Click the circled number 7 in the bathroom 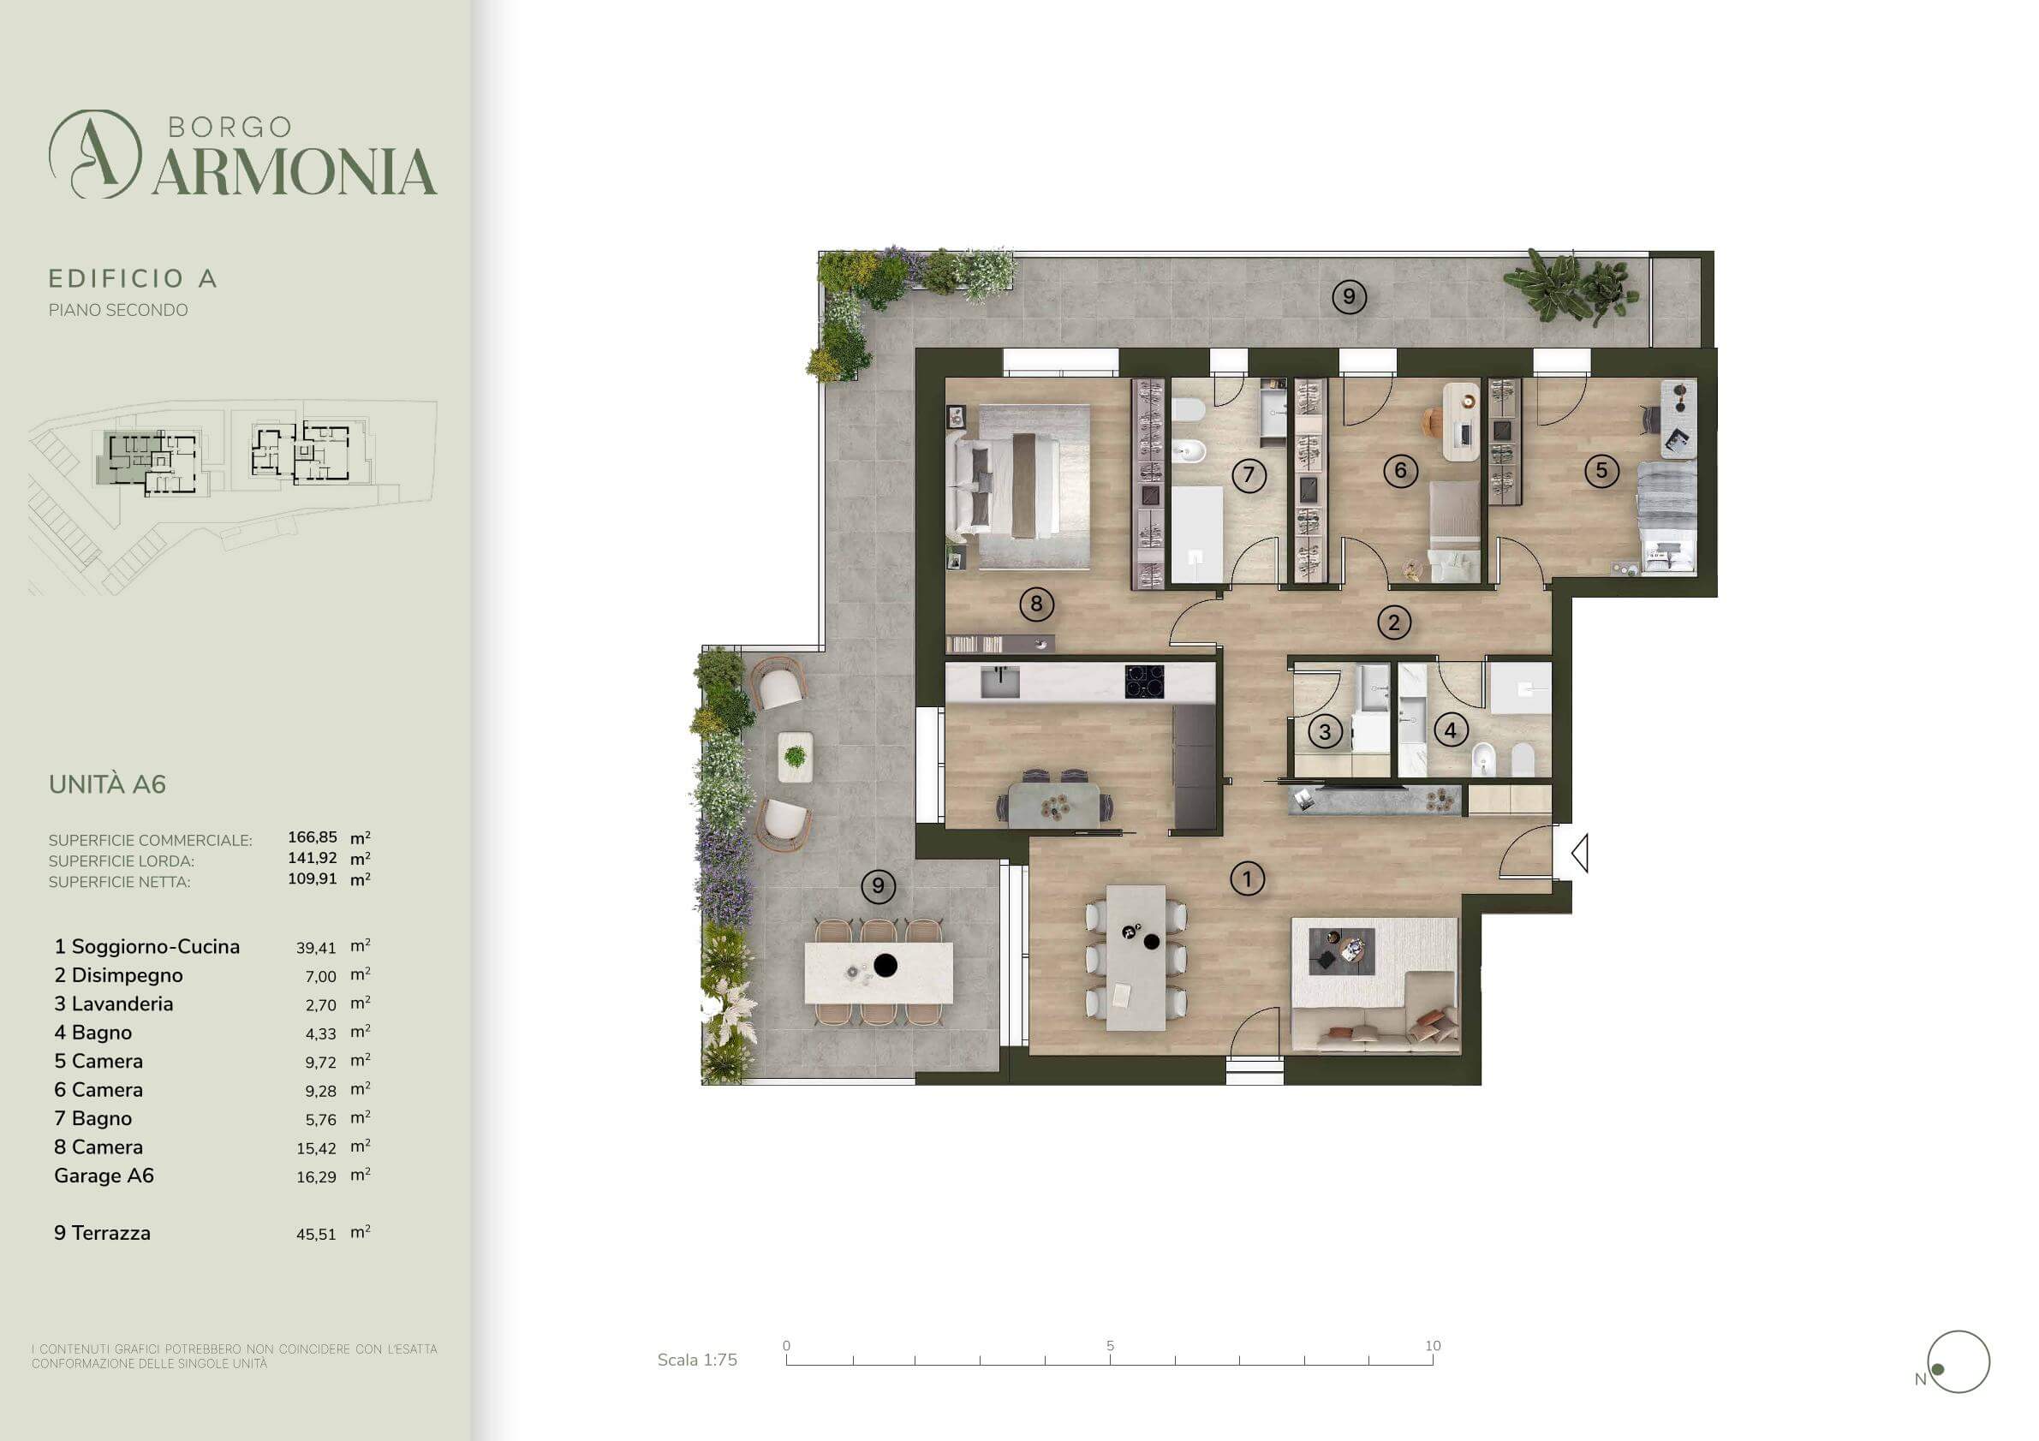pyautogui.click(x=1249, y=475)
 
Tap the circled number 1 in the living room pyautogui.click(x=1247, y=879)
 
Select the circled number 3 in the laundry pyautogui.click(x=1325, y=731)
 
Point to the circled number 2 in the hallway pyautogui.click(x=1393, y=622)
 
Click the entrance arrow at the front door pyautogui.click(x=1579, y=854)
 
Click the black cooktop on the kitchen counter pyautogui.click(x=1145, y=681)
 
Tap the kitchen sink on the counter pyautogui.click(x=1000, y=682)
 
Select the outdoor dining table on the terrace pyautogui.click(x=879, y=972)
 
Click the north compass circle pyautogui.click(x=1959, y=1362)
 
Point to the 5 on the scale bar pyautogui.click(x=1110, y=1345)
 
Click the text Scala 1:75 pyautogui.click(x=697, y=1361)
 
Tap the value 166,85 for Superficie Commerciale pyautogui.click(x=313, y=837)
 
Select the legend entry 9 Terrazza pyautogui.click(x=102, y=1232)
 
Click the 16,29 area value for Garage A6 pyautogui.click(x=316, y=1176)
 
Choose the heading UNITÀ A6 pyautogui.click(x=107, y=784)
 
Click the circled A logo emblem pyautogui.click(x=95, y=153)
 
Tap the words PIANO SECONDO pyautogui.click(x=118, y=310)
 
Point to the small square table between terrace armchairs pyautogui.click(x=795, y=756)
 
